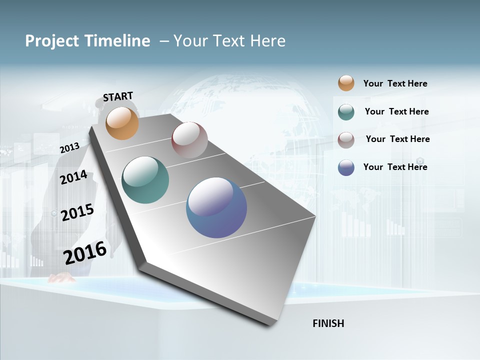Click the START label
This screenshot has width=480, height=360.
click(118, 96)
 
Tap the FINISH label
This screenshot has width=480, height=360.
click(328, 323)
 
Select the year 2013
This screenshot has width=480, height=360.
click(69, 147)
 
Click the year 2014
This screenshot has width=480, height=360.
click(73, 177)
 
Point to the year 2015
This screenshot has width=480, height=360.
click(77, 212)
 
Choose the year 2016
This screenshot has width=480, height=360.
click(85, 252)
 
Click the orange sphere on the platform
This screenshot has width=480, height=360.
click(122, 123)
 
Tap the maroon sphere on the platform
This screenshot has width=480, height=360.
click(189, 140)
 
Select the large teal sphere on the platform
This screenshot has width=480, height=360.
click(145, 180)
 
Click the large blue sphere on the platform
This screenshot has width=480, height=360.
click(216, 207)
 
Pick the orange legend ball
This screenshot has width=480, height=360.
click(346, 83)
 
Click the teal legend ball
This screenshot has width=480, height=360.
click(346, 112)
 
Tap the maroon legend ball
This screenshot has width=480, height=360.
click(346, 140)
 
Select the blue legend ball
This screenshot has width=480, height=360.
click(346, 167)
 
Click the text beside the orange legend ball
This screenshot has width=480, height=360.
click(395, 83)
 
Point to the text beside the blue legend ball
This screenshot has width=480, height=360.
click(395, 167)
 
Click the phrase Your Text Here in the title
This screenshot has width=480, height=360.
click(229, 41)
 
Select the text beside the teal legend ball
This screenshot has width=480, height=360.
click(396, 111)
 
